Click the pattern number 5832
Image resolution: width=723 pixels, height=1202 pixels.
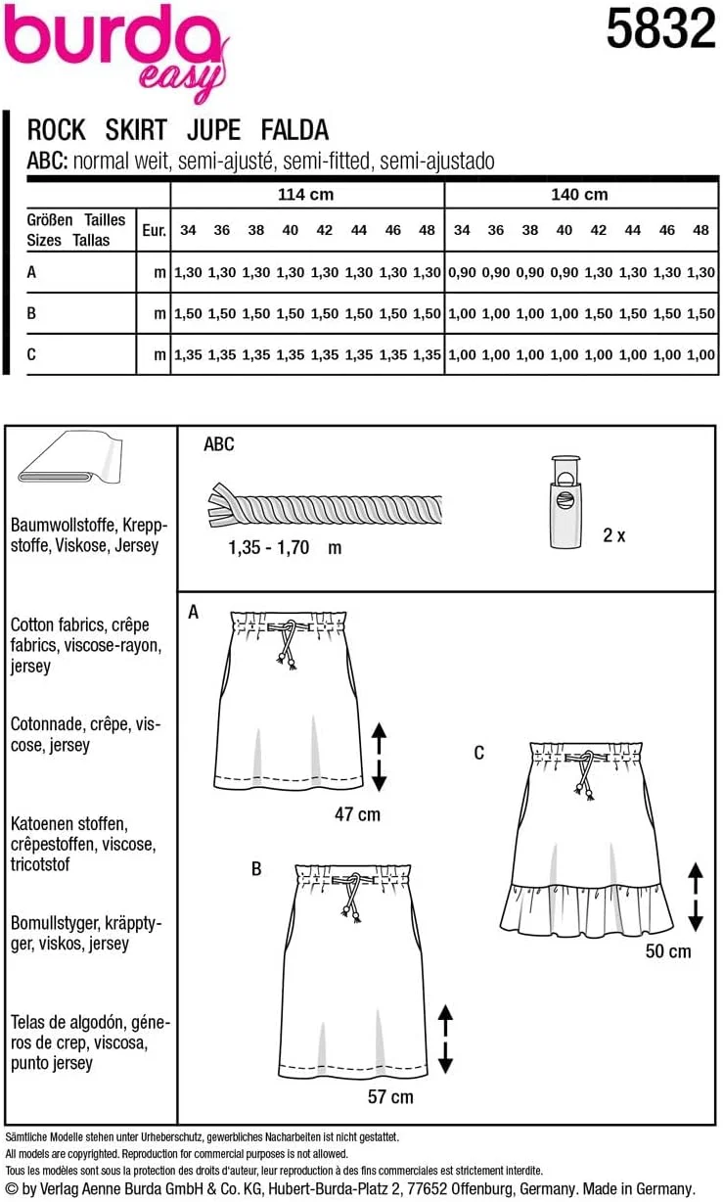tap(660, 30)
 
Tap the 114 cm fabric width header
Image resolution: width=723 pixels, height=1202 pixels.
tap(306, 195)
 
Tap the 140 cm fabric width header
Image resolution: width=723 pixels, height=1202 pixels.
tap(579, 195)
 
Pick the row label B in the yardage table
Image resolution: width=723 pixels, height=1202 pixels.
tap(32, 313)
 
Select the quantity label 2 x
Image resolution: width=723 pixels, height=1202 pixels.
tap(613, 535)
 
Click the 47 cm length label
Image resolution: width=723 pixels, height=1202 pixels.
tap(356, 813)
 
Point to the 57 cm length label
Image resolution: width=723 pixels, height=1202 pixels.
tap(389, 1096)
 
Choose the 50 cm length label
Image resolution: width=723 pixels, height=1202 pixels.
tap(667, 950)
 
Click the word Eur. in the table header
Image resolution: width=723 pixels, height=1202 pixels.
tap(155, 231)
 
